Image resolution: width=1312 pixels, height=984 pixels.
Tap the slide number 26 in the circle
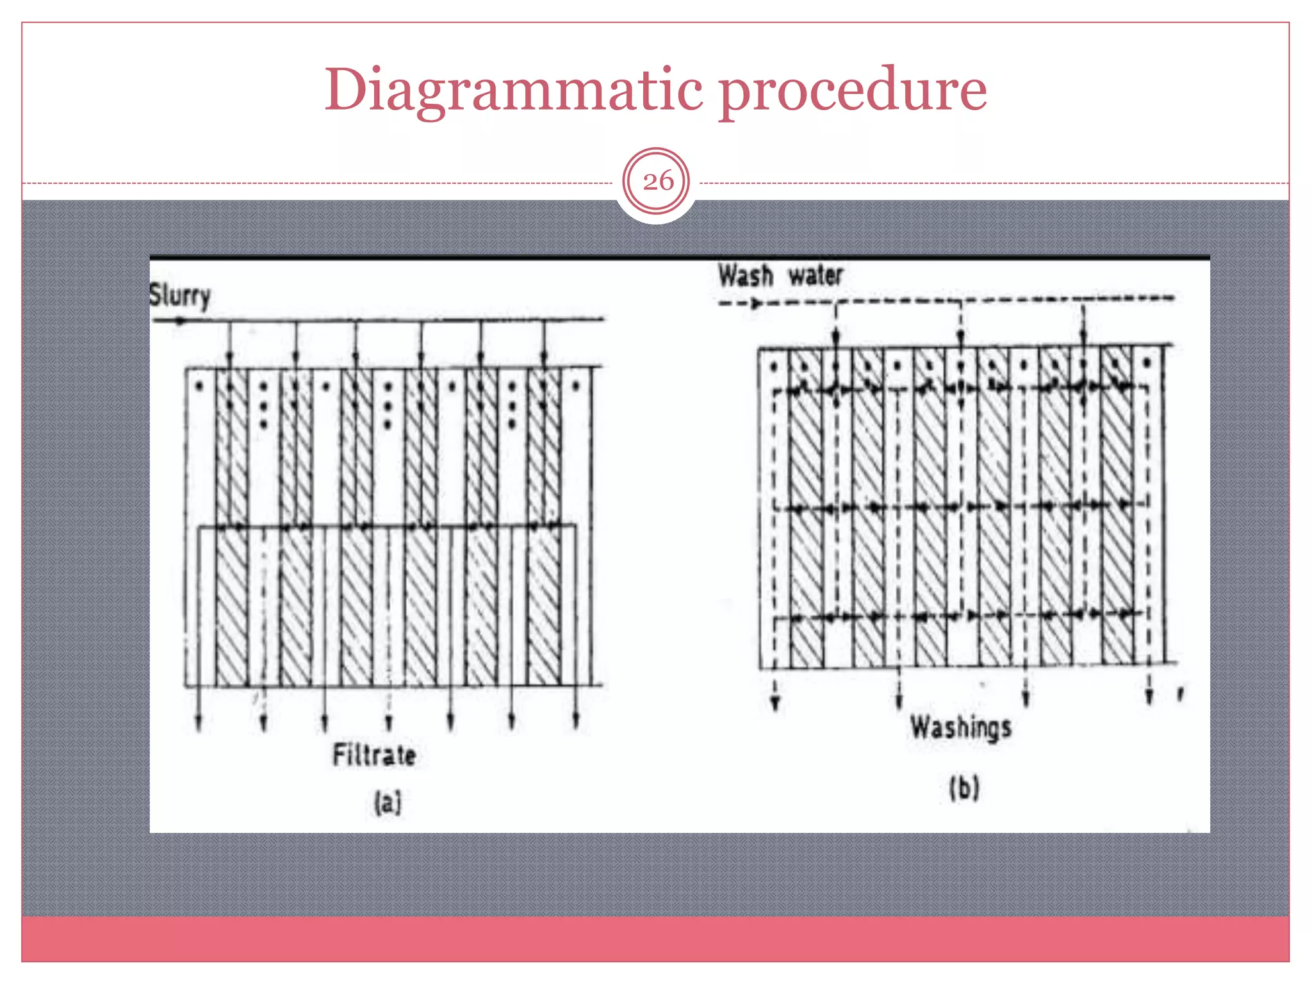[657, 181]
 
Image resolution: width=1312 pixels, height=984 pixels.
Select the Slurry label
[179, 296]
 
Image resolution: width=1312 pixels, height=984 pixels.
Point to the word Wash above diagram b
[745, 276]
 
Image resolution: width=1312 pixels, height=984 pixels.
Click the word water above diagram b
[816, 275]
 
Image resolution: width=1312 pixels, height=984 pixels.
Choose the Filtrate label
[374, 755]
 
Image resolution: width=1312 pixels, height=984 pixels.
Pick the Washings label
[961, 728]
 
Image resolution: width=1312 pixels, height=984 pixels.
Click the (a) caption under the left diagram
[388, 802]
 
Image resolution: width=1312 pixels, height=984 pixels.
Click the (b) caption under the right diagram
[964, 788]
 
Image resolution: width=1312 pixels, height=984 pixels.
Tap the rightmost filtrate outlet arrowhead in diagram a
[576, 721]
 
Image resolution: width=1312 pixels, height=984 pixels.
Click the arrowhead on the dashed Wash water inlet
[757, 303]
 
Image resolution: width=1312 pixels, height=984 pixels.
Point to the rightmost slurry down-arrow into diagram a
[544, 356]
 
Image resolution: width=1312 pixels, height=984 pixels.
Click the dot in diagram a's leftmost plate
[199, 386]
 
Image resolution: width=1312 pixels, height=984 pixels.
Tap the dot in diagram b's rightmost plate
[1147, 364]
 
